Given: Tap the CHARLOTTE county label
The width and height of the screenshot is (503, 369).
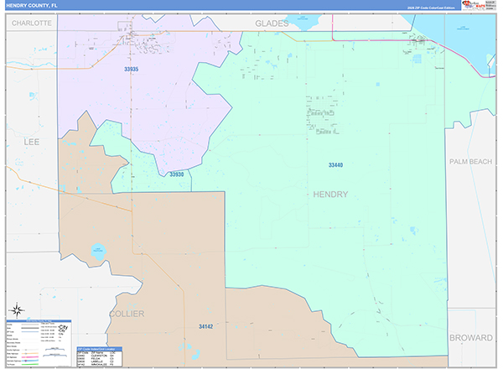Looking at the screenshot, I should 32,23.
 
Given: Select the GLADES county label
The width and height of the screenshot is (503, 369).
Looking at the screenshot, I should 272,23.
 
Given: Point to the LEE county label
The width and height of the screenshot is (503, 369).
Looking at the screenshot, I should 32,143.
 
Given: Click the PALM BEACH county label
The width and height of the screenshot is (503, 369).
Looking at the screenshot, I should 470,161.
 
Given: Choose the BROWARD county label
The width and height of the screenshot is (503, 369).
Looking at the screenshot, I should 470,337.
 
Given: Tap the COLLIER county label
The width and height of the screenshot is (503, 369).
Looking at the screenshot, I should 127,314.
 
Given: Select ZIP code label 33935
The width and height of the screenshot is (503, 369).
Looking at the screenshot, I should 131,70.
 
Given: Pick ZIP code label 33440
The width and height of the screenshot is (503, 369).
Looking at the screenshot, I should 335,165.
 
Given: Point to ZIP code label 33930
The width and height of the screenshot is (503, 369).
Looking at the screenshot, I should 176,174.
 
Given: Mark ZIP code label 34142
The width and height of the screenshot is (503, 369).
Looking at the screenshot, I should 206,326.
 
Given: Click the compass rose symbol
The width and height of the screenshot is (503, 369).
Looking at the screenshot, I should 16,309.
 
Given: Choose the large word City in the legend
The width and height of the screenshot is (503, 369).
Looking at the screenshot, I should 61,328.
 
